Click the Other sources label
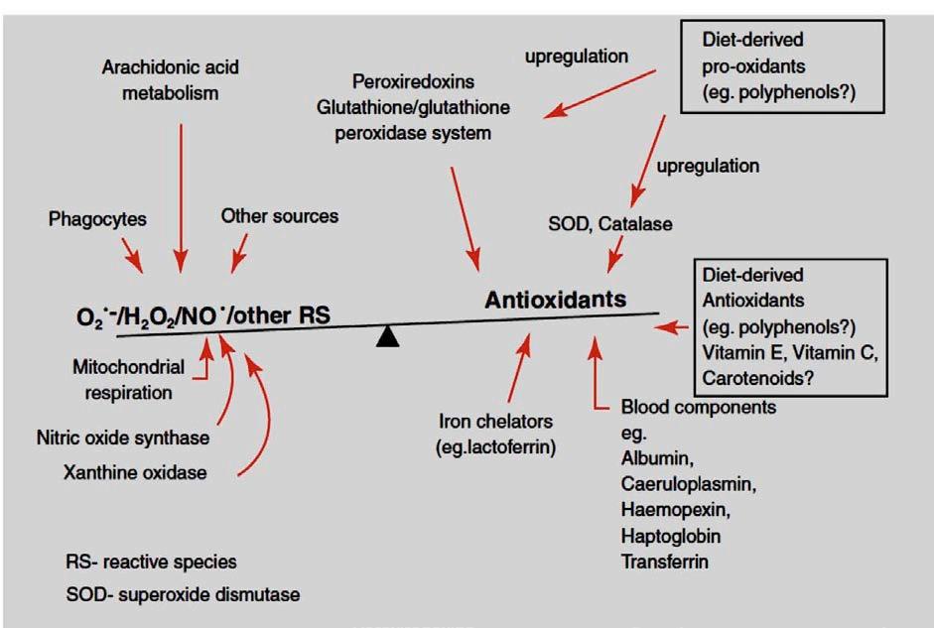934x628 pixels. (280, 215)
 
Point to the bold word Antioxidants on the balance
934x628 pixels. (555, 299)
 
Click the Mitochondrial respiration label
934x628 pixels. (128, 379)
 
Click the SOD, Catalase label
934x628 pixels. (608, 224)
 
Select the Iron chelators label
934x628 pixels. (495, 434)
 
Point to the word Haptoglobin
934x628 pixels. (670, 535)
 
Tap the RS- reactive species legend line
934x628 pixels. (151, 563)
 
